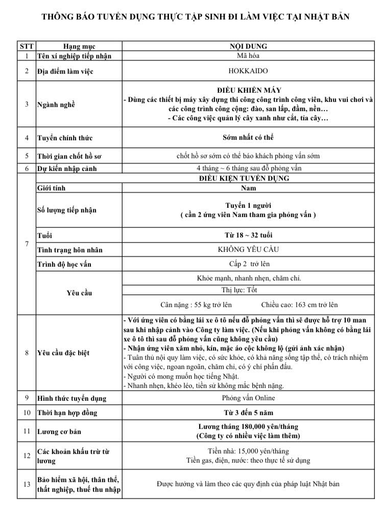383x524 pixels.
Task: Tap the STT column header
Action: click(x=27, y=47)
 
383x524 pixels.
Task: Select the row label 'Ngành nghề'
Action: click(x=56, y=104)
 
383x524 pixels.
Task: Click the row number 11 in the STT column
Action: click(x=27, y=431)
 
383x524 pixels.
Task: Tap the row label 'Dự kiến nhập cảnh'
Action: click(x=67, y=168)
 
